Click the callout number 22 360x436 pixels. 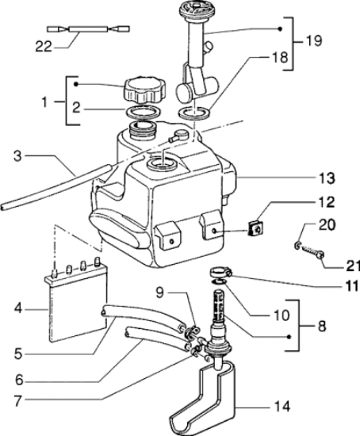[44, 47]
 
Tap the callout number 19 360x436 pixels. [314, 41]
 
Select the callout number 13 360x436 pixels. [327, 178]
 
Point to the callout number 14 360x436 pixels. [282, 407]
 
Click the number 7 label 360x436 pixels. [17, 401]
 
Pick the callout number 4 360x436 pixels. [18, 308]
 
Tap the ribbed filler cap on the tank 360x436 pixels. [144, 90]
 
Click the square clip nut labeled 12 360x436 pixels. [256, 228]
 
